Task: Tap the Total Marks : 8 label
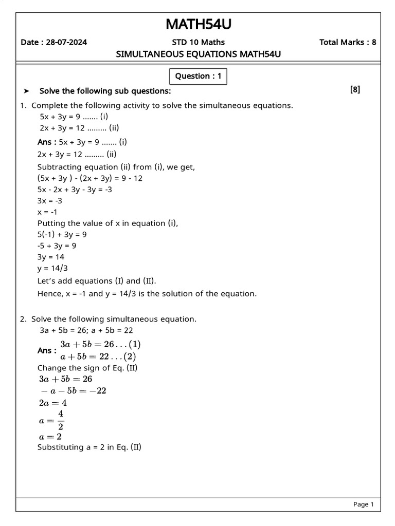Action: pyautogui.click(x=347, y=42)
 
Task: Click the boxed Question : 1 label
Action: pyautogui.click(x=198, y=77)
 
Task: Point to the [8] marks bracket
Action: pyautogui.click(x=355, y=90)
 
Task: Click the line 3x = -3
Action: pyautogui.click(x=50, y=201)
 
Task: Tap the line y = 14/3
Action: pyautogui.click(x=52, y=268)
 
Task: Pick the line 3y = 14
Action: pyautogui.click(x=51, y=257)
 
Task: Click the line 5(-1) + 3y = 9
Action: pyautogui.click(x=62, y=234)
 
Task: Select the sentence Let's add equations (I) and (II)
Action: pyautogui.click(x=97, y=281)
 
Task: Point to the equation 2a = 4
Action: pyautogui.click(x=53, y=403)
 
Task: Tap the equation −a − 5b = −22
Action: pyautogui.click(x=73, y=391)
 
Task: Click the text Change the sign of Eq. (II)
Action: pyautogui.click(x=89, y=368)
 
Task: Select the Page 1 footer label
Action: pyautogui.click(x=363, y=504)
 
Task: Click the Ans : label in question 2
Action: pyautogui.click(x=47, y=350)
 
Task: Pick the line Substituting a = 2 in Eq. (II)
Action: pyautogui.click(x=89, y=447)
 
